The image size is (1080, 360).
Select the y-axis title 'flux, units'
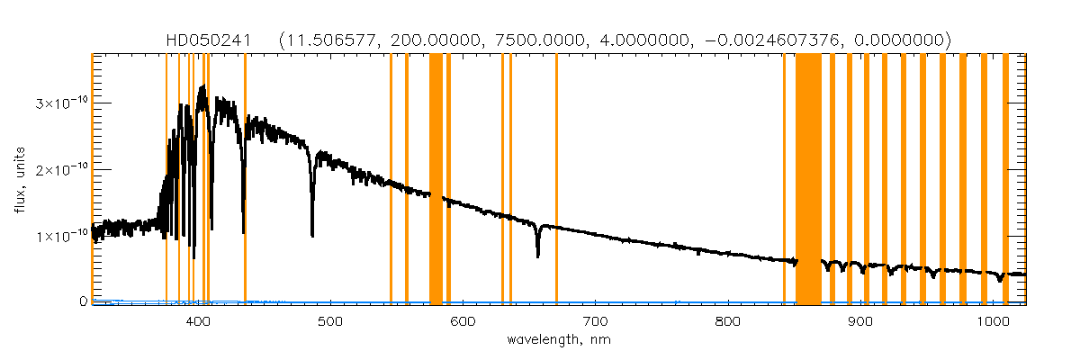click(19, 180)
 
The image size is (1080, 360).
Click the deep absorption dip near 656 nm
click(538, 256)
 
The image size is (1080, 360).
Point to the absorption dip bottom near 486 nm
click(312, 234)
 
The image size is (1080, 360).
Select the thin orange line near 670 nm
click(556, 180)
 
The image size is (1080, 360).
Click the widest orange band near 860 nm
click(808, 180)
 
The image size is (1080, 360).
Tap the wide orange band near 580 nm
click(436, 180)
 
